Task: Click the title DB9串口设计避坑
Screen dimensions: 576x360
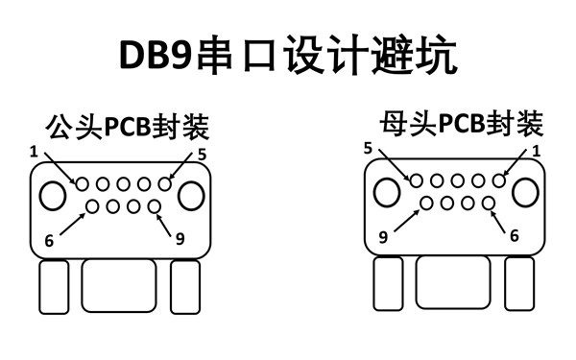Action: coord(288,55)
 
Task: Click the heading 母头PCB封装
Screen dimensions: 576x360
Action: coord(462,124)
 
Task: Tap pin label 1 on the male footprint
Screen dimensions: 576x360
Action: coord(34,152)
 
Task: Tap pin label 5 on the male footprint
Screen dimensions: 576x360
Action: coord(202,154)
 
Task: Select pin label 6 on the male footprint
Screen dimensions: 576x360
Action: coord(48,240)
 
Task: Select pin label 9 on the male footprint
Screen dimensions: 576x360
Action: coord(180,240)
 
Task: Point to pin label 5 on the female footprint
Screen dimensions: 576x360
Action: coord(368,148)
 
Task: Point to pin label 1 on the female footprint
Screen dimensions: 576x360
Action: coord(536,151)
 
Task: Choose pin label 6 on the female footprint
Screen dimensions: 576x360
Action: coord(514,236)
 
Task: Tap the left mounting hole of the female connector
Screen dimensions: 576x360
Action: coord(387,192)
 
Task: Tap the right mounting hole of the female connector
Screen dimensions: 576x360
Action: coord(527,192)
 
